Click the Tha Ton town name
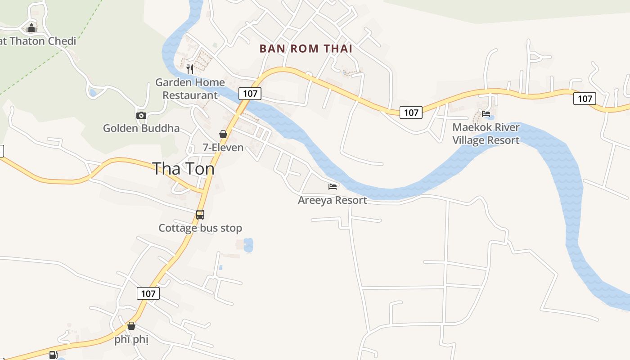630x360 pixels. pos(183,169)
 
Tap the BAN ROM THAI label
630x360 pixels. pos(306,49)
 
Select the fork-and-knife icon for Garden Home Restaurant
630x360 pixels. pos(190,69)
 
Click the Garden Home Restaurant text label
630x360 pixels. pos(190,89)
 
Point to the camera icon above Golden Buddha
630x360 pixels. pos(141,115)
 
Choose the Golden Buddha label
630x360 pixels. pos(141,128)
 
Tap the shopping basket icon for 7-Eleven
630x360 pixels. pos(223,134)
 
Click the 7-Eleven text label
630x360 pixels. pos(223,148)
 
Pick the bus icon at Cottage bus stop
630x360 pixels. pos(200,215)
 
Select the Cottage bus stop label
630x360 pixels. pos(200,228)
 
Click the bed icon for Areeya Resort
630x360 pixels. pos(333,186)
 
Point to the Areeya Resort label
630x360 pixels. pos(333,200)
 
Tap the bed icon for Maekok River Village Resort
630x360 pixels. pos(486,114)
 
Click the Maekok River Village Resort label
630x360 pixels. pos(486,134)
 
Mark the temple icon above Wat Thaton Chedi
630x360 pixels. pos(31,28)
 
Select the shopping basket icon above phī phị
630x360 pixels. pos(131,326)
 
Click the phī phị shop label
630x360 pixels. pos(131,339)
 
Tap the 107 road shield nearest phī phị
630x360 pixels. pos(148,294)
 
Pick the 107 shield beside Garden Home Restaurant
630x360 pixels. pos(250,93)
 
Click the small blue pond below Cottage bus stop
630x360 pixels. pos(248,245)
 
